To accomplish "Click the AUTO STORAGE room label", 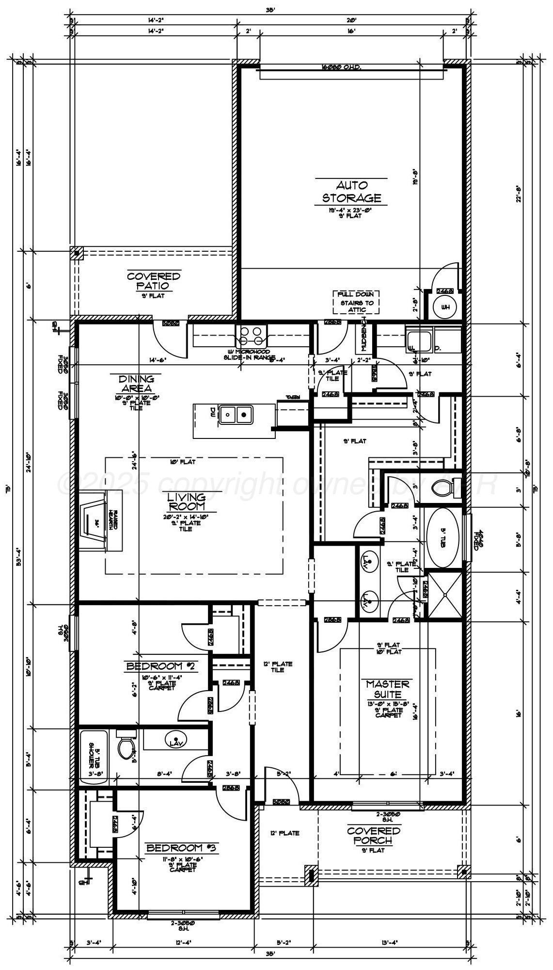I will (351, 192).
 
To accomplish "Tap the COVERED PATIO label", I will (154, 281).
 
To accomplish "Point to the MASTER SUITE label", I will (387, 689).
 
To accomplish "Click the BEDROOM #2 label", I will (160, 666).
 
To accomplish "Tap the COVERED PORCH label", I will (373, 836).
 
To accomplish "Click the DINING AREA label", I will (136, 383).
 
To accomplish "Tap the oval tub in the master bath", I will (442, 538).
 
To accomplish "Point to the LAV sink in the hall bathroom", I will (174, 743).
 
